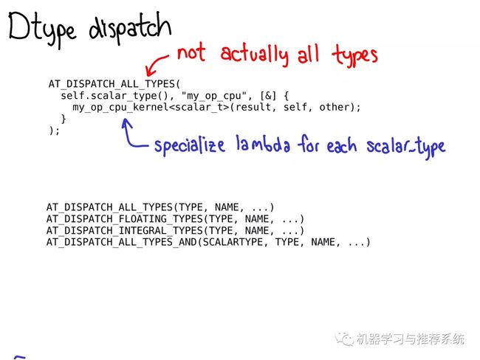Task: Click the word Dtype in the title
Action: [x=42, y=29]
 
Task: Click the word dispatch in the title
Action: [x=130, y=28]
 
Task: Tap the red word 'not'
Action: [x=191, y=52]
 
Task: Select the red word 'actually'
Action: [x=254, y=55]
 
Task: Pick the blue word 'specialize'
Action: [x=190, y=145]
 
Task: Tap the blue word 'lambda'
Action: [x=263, y=144]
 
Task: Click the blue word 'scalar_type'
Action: [x=406, y=148]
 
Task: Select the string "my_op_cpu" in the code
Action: [x=214, y=96]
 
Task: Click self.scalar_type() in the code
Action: [x=114, y=96]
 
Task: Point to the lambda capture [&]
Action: [x=268, y=96]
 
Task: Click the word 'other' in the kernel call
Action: [x=335, y=107]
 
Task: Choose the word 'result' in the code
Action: [x=253, y=107]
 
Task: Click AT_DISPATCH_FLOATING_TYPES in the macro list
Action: [x=125, y=219]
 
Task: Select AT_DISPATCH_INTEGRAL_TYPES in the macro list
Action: [x=125, y=231]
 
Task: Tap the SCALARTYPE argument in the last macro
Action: [x=233, y=242]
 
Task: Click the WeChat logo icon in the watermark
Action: [x=344, y=339]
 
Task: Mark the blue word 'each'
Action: [x=341, y=145]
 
